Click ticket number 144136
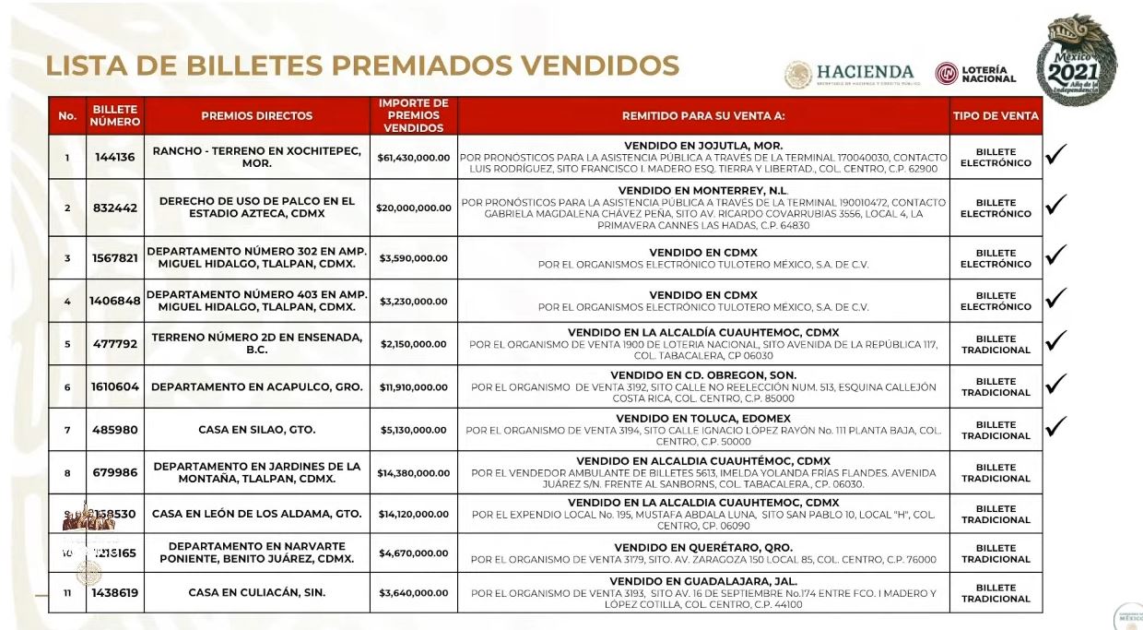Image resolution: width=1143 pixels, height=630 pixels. click(114, 158)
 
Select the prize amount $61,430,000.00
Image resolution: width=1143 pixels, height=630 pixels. click(414, 158)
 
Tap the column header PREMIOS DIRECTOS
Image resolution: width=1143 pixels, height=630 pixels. click(256, 116)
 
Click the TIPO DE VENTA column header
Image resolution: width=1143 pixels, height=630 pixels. click(996, 116)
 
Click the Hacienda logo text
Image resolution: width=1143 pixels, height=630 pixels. click(864, 72)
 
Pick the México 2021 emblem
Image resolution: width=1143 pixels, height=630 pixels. click(1076, 60)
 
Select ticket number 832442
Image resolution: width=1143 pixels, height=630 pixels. click(114, 208)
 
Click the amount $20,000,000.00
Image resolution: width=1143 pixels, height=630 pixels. click(414, 208)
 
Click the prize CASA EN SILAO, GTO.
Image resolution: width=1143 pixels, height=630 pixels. click(256, 430)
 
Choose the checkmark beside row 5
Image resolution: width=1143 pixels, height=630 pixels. click(1056, 341)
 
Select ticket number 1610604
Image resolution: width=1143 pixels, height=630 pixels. click(114, 387)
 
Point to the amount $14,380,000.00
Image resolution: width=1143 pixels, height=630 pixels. click(414, 473)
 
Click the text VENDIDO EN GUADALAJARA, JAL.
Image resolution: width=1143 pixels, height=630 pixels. click(703, 581)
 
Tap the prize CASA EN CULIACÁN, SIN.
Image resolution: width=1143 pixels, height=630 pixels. click(256, 593)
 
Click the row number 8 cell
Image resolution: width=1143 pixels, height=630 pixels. click(67, 473)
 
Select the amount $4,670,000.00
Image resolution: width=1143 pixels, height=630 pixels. click(414, 553)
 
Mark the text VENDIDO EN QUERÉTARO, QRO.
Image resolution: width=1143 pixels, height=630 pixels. click(703, 547)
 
